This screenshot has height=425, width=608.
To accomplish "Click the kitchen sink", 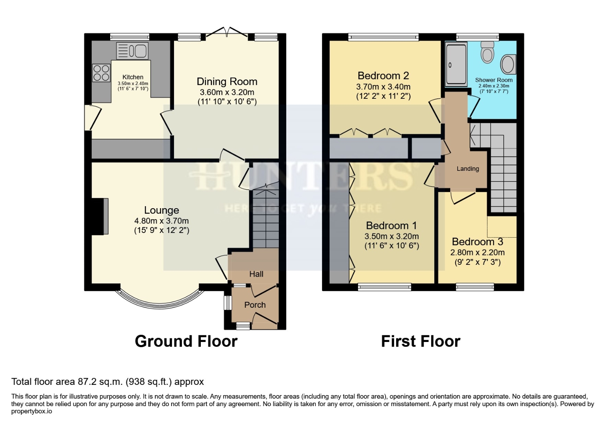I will [x=132, y=51].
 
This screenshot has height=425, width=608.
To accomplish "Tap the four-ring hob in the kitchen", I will [x=101, y=72].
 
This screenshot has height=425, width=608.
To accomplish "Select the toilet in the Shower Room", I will [x=488, y=53].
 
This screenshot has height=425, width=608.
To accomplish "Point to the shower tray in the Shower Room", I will [x=456, y=65].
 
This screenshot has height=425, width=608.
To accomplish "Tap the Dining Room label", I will [x=227, y=81].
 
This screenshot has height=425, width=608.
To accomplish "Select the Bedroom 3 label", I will [x=477, y=242].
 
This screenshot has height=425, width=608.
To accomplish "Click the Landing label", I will [x=467, y=169].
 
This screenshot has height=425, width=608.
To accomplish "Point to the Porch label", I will [x=255, y=305].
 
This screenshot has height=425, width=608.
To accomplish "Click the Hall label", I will [x=256, y=274].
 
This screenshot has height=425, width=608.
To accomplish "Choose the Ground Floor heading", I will [x=186, y=341].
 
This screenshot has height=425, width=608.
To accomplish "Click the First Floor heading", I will [x=421, y=341].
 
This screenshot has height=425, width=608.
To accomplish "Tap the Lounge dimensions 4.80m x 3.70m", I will [x=161, y=221].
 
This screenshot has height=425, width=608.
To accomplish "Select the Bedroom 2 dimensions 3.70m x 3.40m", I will [x=383, y=87].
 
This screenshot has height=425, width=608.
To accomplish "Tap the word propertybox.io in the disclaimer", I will [x=32, y=411].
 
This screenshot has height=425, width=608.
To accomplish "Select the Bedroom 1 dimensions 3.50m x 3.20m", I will [x=391, y=237].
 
